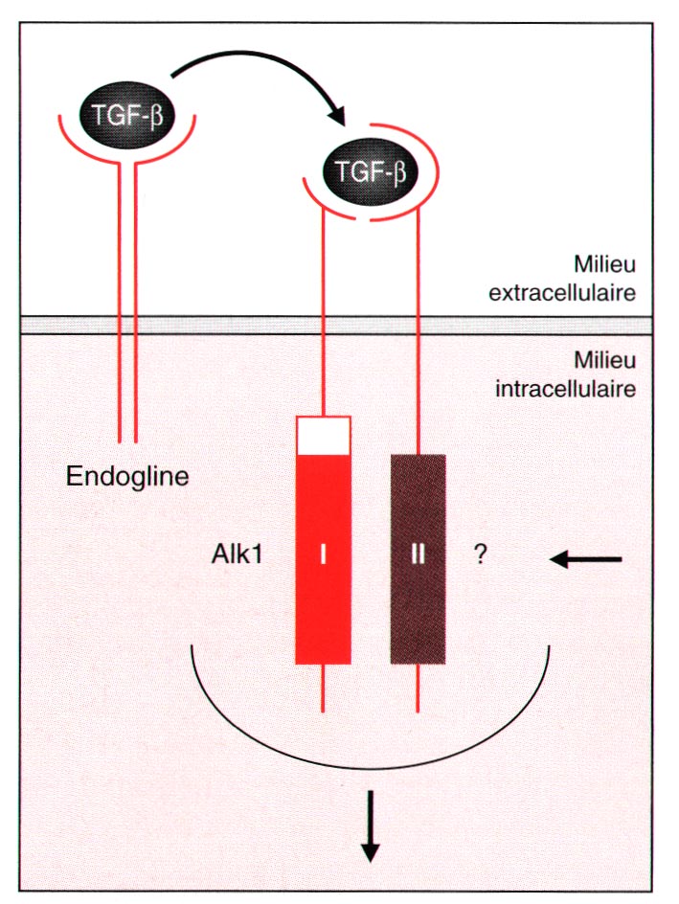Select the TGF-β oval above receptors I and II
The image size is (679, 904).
(371, 172)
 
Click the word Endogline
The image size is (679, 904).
(128, 475)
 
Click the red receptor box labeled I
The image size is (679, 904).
(323, 555)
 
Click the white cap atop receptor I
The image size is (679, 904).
(323, 435)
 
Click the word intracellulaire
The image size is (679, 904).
(565, 389)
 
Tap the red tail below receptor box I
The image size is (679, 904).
(323, 688)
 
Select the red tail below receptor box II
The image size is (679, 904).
(418, 688)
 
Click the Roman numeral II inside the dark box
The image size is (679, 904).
(418, 554)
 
